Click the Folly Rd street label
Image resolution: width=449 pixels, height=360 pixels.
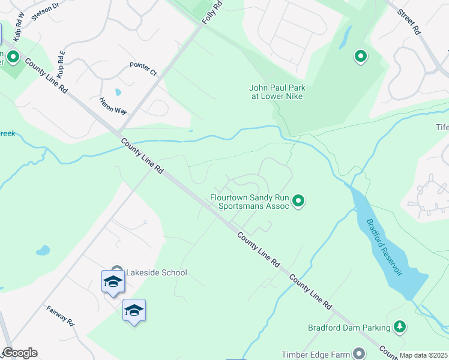click(x=212, y=11)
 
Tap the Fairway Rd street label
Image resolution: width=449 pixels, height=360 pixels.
click(x=60, y=315)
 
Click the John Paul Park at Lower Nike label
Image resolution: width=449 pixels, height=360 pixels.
click(x=276, y=92)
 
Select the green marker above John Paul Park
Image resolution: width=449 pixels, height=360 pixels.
click(x=361, y=56)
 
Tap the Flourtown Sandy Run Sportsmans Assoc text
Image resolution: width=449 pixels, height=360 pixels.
click(x=250, y=201)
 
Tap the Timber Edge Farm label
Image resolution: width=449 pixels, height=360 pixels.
click(x=315, y=355)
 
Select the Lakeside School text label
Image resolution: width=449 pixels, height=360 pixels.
click(x=156, y=272)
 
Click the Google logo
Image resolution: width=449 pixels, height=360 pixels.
click(x=20, y=353)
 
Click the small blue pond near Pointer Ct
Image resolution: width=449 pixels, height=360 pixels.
click(x=118, y=92)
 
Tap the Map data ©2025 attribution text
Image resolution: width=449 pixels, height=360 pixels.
click(x=424, y=355)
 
